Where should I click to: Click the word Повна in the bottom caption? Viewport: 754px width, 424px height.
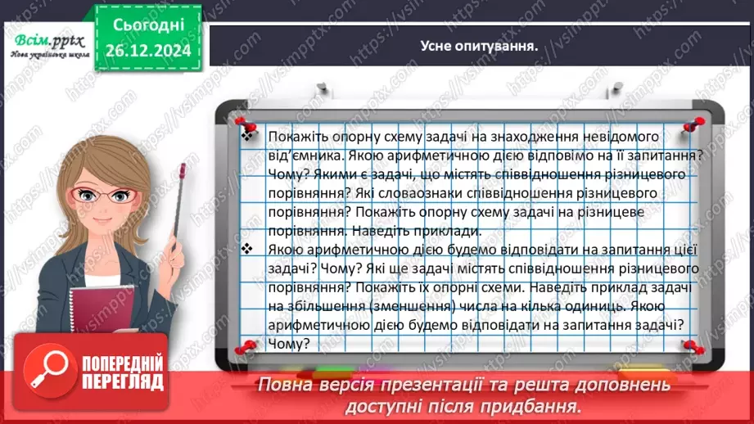(282, 384)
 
